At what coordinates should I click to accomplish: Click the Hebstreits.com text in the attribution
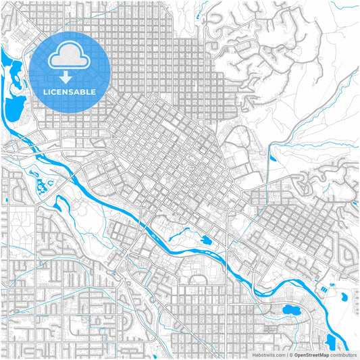click(x=269, y=354)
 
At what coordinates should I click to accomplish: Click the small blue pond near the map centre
click(x=205, y=240)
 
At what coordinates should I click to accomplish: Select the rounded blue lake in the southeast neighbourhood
click(x=291, y=311)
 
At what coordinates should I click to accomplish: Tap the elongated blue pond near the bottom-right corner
click(x=330, y=340)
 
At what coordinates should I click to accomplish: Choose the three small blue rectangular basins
click(x=325, y=286)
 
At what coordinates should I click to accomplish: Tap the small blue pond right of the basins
click(x=345, y=295)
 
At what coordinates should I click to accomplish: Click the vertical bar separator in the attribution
click(x=286, y=354)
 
